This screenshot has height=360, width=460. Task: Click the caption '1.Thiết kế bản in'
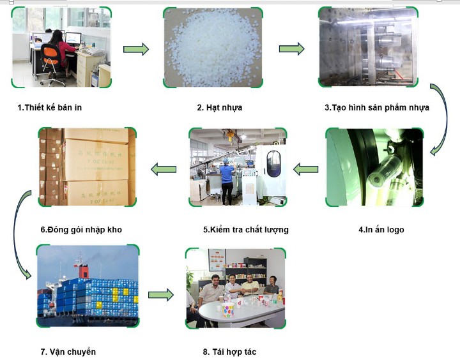50,107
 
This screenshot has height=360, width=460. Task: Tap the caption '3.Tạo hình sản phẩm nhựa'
377,107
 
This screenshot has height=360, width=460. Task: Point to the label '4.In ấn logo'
381,229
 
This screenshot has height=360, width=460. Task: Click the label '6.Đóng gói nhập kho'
80,229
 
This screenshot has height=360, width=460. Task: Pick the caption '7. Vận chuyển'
68,352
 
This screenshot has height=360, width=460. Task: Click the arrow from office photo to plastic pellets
135,49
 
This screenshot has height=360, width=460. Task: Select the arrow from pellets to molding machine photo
291,49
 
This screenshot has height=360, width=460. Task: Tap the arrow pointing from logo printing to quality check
305,169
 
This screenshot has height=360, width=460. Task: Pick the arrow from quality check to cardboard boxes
163,169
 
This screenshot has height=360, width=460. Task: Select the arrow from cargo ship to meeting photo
161,295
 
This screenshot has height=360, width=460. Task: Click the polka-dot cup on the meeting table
228,310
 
